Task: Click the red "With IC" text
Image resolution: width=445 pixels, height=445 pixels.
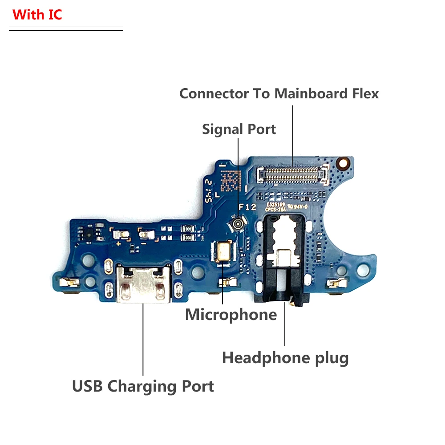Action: tap(37, 14)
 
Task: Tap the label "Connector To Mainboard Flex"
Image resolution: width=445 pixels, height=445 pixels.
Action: tap(279, 93)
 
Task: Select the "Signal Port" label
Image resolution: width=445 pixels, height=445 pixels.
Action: tap(239, 129)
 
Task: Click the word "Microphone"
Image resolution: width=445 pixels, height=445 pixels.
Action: tap(231, 315)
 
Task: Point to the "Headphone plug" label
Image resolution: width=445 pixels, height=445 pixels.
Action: tap(285, 357)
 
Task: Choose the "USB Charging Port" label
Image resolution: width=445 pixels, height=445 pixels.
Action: tap(143, 386)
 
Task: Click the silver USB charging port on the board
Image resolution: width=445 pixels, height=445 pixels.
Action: tap(143, 283)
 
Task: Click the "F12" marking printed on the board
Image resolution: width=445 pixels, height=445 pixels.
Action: tap(248, 207)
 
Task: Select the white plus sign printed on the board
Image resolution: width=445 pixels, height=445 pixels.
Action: tap(118, 244)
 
